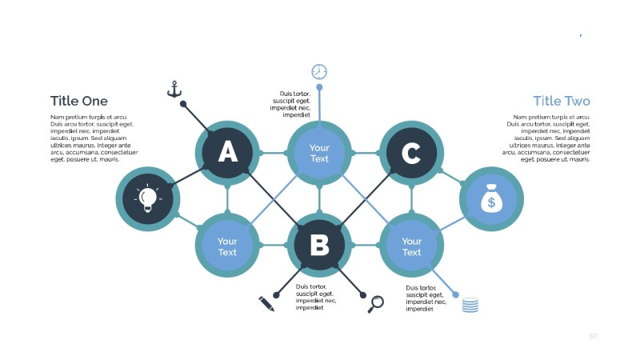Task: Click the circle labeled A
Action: point(228,152)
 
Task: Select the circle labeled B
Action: point(319,245)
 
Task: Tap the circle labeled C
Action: point(411,152)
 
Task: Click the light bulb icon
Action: point(147,198)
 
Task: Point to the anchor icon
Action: point(174,89)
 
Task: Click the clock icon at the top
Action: point(319,71)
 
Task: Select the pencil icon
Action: point(266,303)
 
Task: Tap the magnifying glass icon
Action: point(375,303)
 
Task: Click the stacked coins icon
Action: point(470,304)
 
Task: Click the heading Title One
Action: point(78,101)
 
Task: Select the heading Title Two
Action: point(562,101)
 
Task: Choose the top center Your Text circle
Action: point(319,152)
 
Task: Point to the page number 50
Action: point(593,336)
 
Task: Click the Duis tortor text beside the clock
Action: point(290,104)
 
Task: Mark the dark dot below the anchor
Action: point(183,104)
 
